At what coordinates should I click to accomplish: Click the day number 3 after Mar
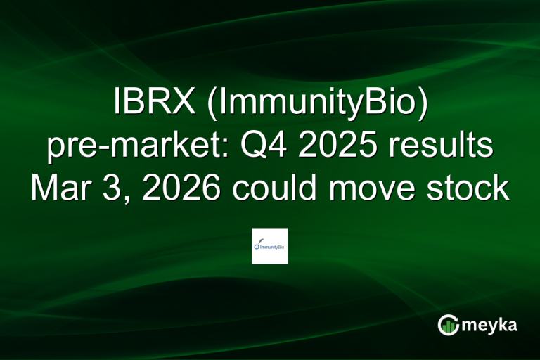click(x=116, y=188)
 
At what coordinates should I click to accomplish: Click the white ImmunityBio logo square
click(x=270, y=246)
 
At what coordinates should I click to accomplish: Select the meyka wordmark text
click(x=491, y=326)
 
